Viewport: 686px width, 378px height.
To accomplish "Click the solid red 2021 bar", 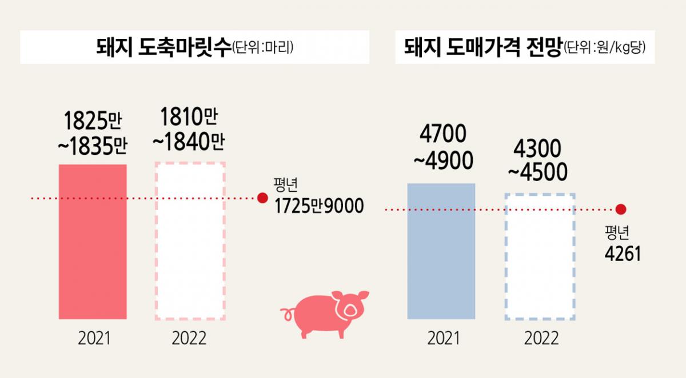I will (93, 242).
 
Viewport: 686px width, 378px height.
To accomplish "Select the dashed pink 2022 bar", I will (190, 241).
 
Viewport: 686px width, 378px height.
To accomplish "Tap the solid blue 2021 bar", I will (441, 251).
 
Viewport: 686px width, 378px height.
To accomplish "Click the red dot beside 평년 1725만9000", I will (262, 198).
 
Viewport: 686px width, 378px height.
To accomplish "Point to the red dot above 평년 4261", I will (621, 210).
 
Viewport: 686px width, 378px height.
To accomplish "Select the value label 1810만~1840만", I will (188, 131).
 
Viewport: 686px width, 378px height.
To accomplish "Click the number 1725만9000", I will (319, 206).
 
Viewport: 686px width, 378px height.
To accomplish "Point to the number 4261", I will (623, 252).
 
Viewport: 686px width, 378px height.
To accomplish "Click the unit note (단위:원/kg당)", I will (604, 48).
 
